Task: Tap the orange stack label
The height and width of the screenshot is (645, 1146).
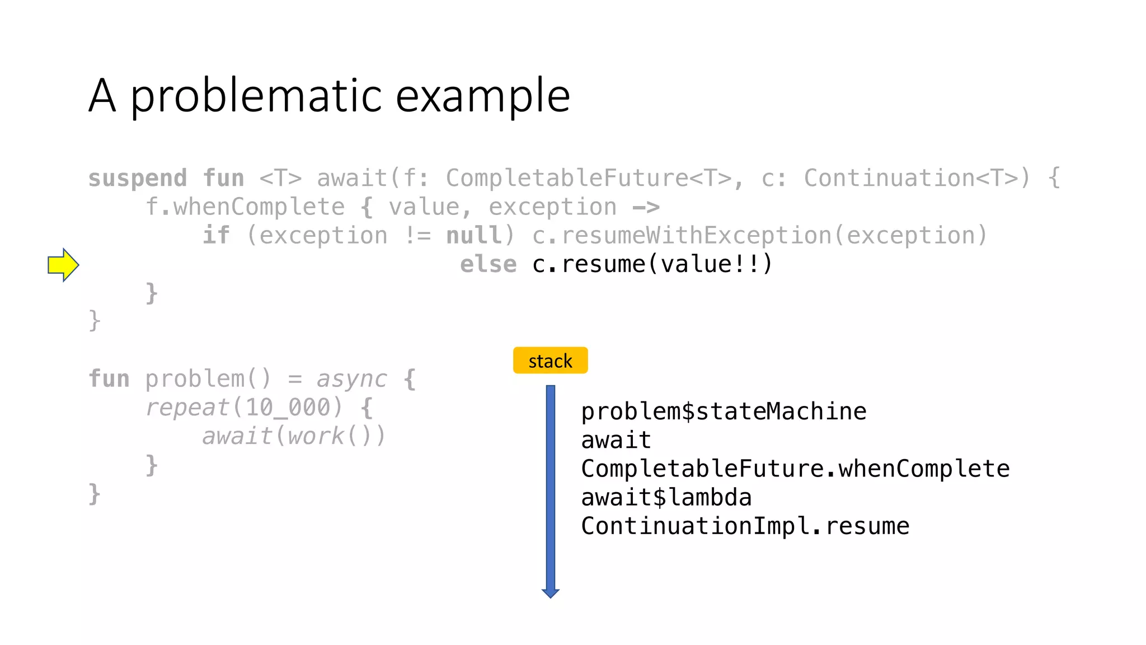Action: point(550,361)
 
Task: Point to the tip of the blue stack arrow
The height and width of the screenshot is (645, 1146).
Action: point(551,595)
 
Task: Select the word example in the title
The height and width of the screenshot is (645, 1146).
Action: point(483,96)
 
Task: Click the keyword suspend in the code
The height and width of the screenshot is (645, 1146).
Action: point(138,179)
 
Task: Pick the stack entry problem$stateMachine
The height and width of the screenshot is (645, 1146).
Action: point(724,412)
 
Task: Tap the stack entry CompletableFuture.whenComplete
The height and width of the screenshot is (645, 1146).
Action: point(795,469)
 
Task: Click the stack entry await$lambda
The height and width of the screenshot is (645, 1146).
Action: point(666,497)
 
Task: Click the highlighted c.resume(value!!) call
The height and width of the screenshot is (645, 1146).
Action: point(652,264)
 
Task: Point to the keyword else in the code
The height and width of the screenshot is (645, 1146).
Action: point(488,264)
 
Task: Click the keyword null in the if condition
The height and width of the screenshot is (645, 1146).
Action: point(474,236)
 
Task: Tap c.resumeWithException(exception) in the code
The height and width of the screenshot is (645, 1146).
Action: point(759,236)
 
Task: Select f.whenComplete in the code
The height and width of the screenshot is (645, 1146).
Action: point(245,207)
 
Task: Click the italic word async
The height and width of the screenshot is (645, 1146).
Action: point(351,379)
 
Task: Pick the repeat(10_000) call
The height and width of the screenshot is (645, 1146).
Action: point(243,408)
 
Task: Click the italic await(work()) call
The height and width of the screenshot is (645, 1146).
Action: point(294,436)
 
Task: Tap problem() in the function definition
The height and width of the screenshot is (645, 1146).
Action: point(208,379)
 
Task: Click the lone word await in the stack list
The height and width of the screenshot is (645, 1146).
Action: point(616,440)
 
